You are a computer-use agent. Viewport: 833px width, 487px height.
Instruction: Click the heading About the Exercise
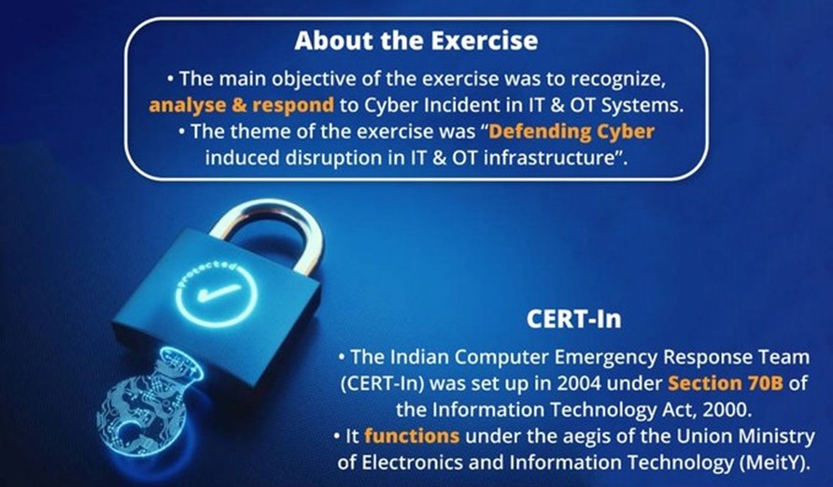point(416,41)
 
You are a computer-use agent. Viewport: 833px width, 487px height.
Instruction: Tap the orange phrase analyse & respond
point(241,106)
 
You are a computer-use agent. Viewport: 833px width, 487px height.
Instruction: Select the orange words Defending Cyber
point(572,131)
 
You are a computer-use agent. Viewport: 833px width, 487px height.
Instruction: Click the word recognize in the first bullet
point(618,79)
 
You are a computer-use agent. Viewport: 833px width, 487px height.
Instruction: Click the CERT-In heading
point(573,319)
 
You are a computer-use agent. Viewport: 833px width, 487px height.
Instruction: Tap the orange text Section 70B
point(726,383)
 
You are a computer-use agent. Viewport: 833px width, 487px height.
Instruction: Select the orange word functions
point(412,436)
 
